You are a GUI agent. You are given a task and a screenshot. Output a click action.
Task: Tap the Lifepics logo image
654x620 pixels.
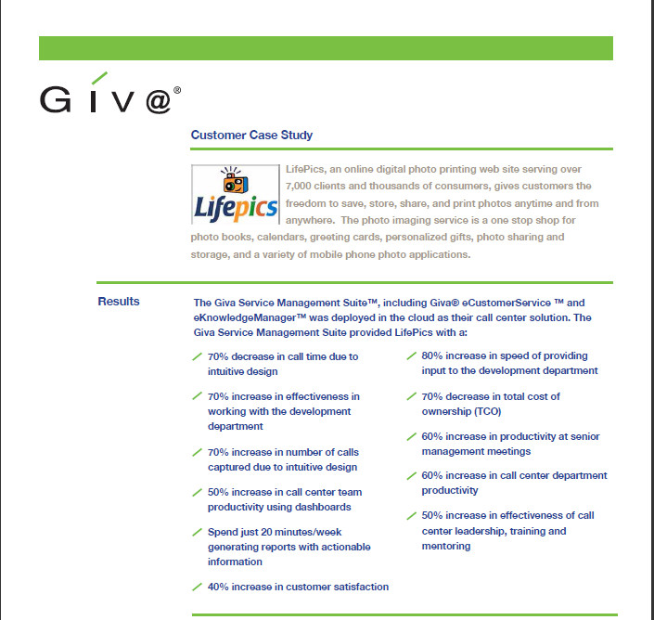pos(235,195)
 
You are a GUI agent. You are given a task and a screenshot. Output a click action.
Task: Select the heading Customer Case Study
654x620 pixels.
pos(251,136)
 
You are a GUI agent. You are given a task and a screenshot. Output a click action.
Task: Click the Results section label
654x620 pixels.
pos(119,302)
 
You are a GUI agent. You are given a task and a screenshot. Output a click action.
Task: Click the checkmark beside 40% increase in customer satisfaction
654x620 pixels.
pos(197,587)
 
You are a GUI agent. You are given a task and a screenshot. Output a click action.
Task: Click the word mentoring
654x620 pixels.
pos(447,546)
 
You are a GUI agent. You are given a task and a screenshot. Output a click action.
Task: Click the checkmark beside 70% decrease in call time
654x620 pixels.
pos(197,356)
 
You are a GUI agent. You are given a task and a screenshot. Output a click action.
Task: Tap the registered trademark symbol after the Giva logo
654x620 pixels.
pos(176,91)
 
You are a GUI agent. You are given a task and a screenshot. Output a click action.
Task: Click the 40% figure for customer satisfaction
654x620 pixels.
pos(219,587)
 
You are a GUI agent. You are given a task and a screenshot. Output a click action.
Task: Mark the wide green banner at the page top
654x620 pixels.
pos(326,48)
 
